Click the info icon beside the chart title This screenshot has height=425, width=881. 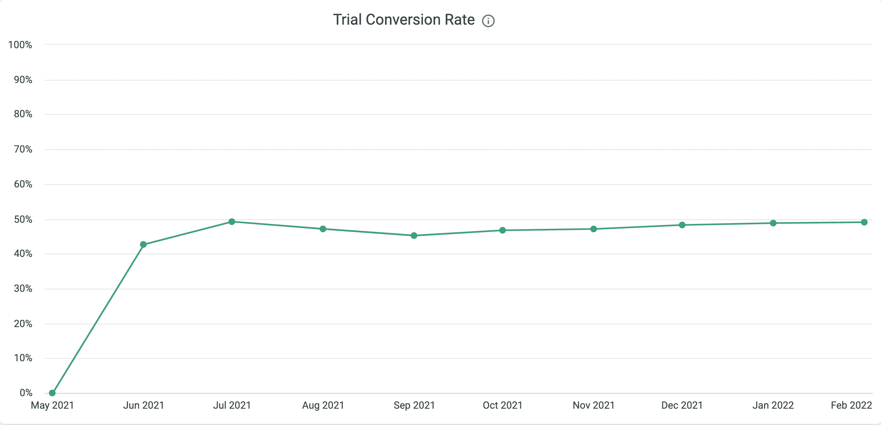coord(488,21)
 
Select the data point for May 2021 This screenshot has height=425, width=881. coord(52,393)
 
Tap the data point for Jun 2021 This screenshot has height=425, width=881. coord(143,244)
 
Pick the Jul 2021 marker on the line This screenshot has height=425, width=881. coord(232,222)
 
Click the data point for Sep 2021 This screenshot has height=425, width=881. coord(414,236)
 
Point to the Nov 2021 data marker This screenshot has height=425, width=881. coord(594,229)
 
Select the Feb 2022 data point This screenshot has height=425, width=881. coord(864,222)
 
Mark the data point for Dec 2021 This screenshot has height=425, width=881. coord(682,225)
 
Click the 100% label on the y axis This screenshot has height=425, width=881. coord(20,45)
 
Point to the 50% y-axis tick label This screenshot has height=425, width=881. coord(23,219)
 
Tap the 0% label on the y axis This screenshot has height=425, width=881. coord(26,393)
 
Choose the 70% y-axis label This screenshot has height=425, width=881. coord(23,149)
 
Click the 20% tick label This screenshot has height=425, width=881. coord(23,324)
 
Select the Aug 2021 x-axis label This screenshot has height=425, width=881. coord(323,405)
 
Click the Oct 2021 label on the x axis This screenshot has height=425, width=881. coord(502,405)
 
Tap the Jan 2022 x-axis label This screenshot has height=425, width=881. coord(773,405)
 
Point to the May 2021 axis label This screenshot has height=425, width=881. coord(52,405)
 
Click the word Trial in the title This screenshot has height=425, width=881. coord(347,20)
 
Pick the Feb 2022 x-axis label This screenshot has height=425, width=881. coord(851,405)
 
